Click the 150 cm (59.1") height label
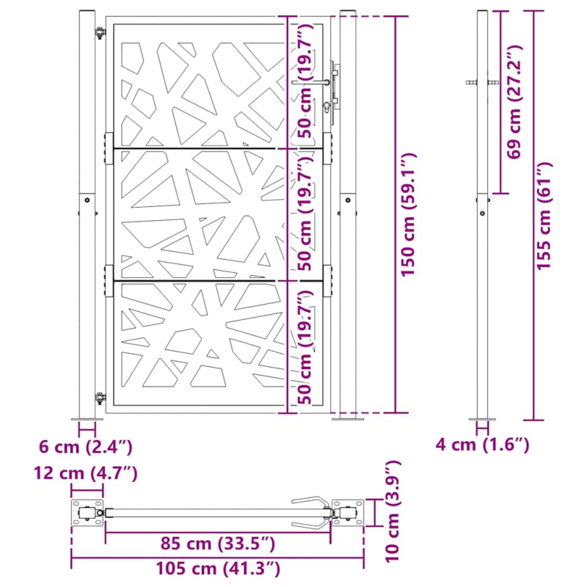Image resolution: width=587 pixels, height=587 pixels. tap(409, 214)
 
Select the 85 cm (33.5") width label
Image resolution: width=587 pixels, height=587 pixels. tap(219, 544)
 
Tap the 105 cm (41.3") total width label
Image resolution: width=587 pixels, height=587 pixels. tap(217, 568)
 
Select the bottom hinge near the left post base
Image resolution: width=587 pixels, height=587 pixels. tap(101, 398)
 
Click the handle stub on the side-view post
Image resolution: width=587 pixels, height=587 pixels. tap(471, 83)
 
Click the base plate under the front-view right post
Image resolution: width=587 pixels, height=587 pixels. tap(349, 419)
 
